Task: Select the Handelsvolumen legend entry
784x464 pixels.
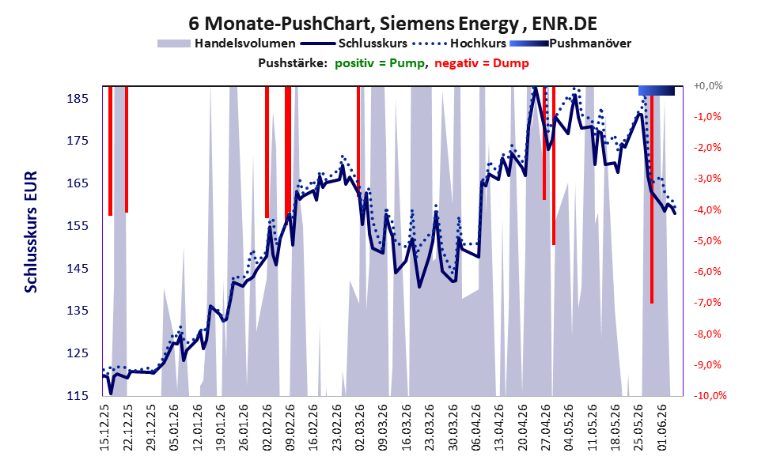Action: point(226,43)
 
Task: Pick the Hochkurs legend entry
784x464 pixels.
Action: point(460,43)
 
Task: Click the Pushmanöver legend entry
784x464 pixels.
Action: point(570,43)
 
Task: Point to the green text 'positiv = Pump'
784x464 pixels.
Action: point(380,63)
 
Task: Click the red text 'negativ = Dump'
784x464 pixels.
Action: point(482,63)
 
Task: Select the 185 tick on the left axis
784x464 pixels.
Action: point(78,98)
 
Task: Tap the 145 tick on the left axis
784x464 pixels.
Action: point(78,268)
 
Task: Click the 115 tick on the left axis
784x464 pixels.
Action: point(78,395)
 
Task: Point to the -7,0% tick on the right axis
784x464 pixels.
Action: point(707,302)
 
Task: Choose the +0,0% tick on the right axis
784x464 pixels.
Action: point(708,86)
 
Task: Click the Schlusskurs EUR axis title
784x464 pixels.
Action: point(31,232)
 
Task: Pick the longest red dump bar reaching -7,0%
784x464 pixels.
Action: point(652,194)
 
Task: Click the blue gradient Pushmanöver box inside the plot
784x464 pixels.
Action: point(657,90)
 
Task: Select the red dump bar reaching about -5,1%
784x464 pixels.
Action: point(554,166)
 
